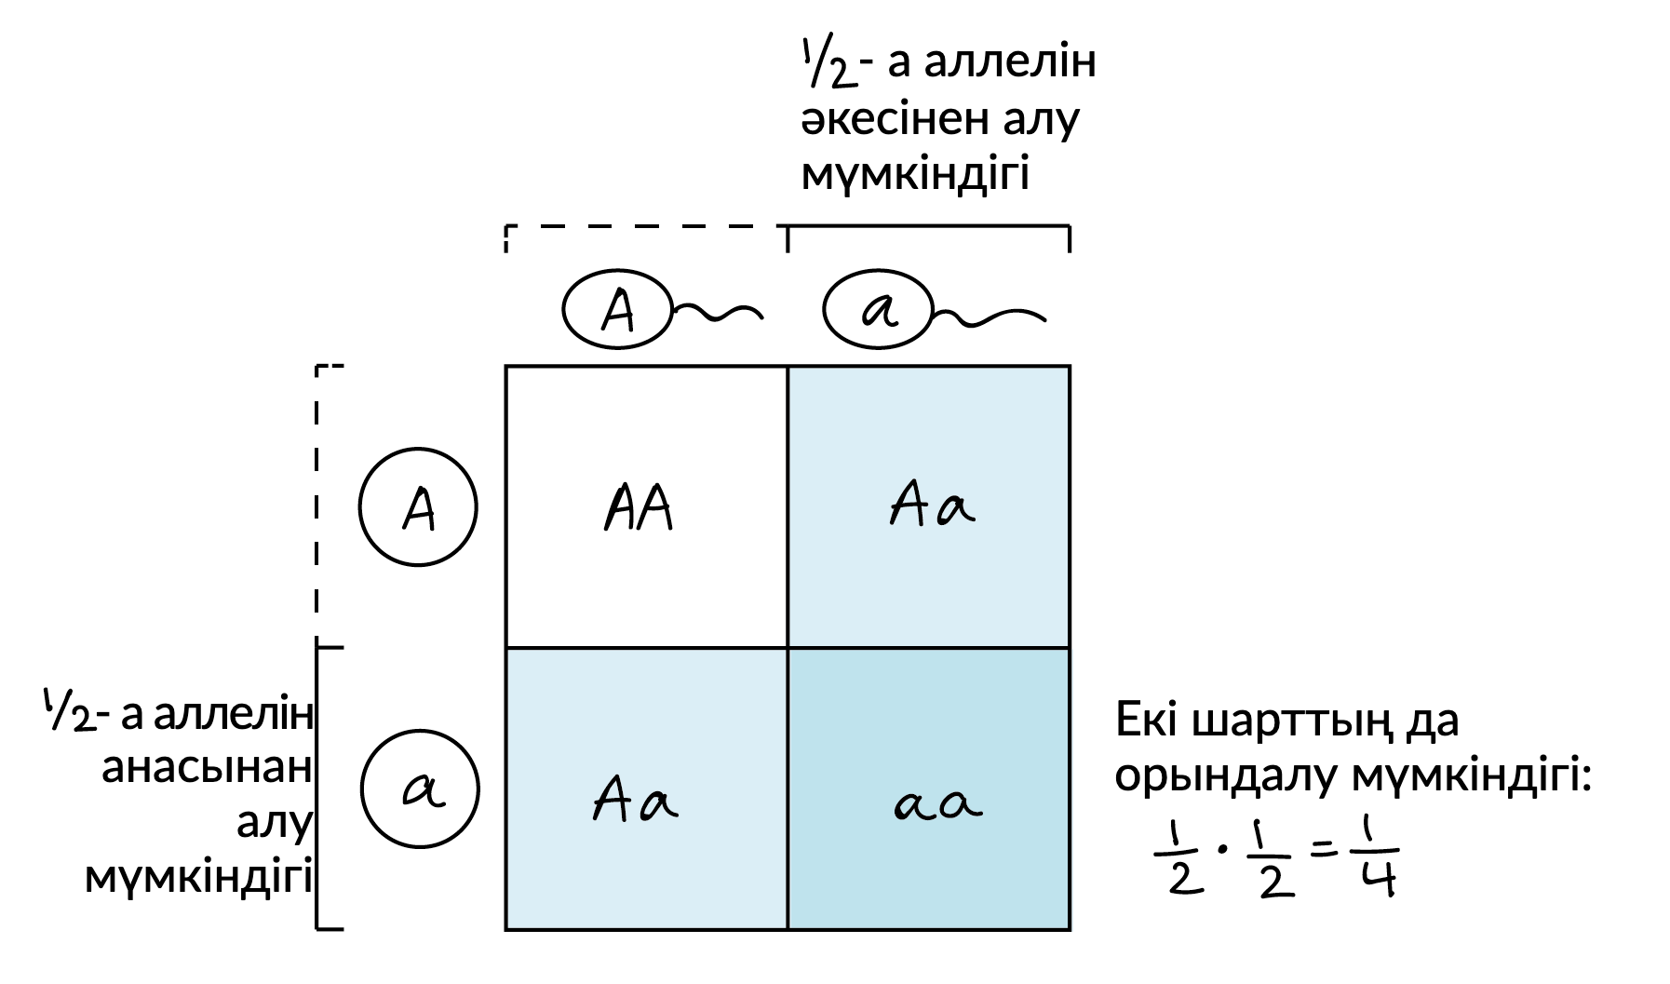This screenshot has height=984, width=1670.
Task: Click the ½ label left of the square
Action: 70,709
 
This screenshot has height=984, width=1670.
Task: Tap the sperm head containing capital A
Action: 616,310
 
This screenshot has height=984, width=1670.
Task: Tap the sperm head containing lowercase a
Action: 877,310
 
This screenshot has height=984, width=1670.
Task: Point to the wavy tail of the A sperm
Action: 719,314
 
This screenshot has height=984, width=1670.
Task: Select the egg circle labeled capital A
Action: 418,507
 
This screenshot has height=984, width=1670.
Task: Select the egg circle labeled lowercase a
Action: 420,789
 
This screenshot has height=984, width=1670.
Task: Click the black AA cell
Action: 646,507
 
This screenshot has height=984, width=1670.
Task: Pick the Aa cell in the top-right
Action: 930,507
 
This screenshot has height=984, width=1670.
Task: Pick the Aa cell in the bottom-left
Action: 646,789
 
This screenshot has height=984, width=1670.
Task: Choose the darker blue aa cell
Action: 930,789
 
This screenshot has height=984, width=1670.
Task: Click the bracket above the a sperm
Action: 929,226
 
